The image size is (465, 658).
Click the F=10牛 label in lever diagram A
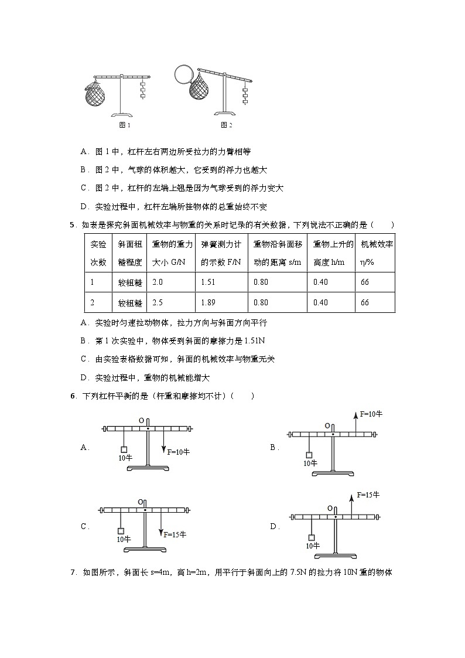pyautogui.click(x=179, y=452)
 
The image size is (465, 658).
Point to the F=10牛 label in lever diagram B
pyautogui.click(x=371, y=414)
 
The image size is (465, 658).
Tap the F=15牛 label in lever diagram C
pyautogui.click(x=175, y=534)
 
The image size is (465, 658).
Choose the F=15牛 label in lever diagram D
pyautogui.click(x=368, y=495)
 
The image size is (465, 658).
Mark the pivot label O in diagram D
pyautogui.click(x=330, y=509)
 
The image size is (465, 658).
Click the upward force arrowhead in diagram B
pyautogui.click(x=355, y=415)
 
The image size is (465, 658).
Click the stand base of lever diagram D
pyautogui.click(x=336, y=554)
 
